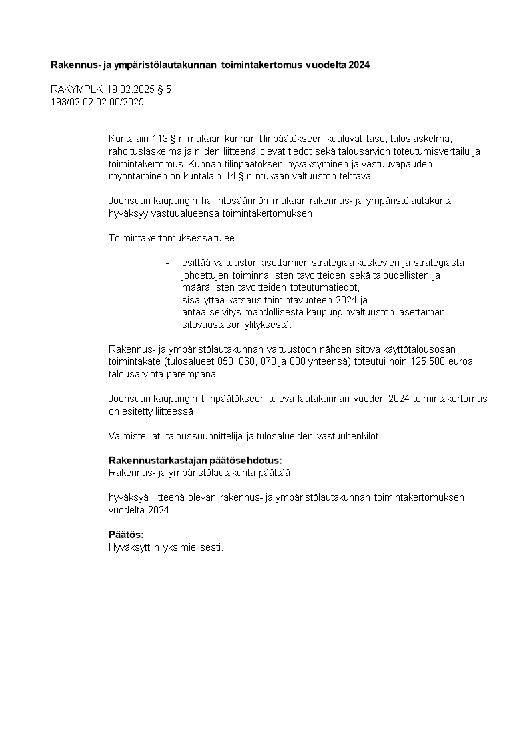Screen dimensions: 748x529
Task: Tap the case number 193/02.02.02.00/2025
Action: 97,102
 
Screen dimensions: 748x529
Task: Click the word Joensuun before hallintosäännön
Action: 129,201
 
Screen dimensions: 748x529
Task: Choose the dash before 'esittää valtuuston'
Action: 168,263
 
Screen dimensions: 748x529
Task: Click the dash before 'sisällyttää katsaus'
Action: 168,300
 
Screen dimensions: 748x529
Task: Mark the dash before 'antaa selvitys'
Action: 168,312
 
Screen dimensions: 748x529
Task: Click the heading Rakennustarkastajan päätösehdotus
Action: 195,461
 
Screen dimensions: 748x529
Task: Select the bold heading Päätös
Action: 126,535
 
